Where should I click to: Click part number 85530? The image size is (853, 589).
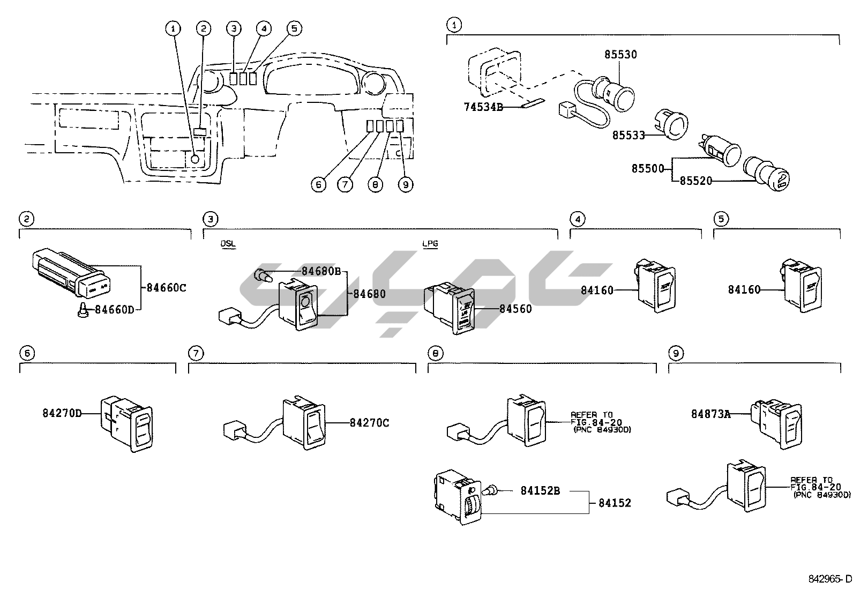(620, 55)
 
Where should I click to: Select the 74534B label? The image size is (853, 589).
(483, 107)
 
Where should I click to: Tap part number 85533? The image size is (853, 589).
(628, 136)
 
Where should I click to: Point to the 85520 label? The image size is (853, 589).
(696, 181)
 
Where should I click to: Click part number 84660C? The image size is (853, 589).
(166, 287)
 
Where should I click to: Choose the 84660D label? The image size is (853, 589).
(114, 309)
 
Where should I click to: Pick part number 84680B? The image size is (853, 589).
(321, 271)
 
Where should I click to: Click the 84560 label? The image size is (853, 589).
(515, 309)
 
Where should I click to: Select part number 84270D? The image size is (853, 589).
(62, 413)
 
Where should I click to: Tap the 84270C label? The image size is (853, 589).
(369, 423)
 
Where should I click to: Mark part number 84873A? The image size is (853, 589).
(710, 414)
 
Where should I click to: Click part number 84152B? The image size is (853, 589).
(540, 490)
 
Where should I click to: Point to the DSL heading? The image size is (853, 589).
(228, 244)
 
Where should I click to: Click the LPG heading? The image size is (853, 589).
(430, 244)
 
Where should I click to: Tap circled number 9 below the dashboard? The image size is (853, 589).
(406, 184)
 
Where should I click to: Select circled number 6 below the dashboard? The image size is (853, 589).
(319, 184)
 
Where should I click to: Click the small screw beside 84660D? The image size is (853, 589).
(83, 310)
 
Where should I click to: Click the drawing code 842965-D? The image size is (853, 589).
(829, 579)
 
